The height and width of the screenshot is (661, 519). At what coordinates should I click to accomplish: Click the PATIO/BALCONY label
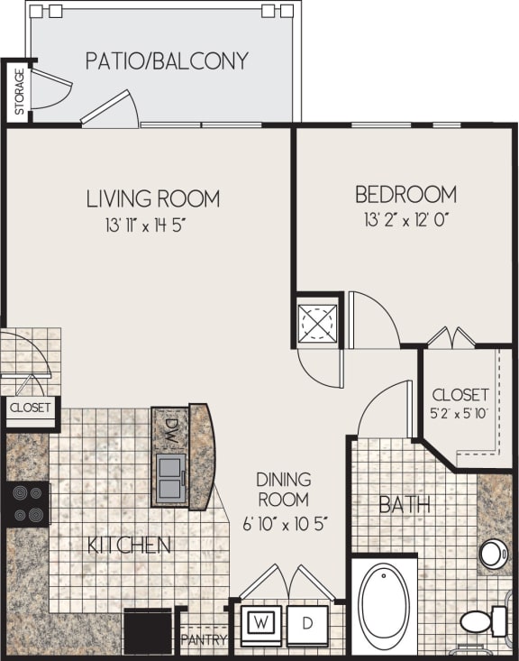167,61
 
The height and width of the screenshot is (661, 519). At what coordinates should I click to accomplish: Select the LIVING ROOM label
153,197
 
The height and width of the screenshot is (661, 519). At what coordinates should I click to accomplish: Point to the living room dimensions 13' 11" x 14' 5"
150,225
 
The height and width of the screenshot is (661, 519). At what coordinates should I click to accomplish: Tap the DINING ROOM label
283,489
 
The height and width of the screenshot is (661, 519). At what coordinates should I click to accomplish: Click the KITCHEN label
130,545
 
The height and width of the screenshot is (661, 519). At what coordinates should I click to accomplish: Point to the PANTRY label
204,640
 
